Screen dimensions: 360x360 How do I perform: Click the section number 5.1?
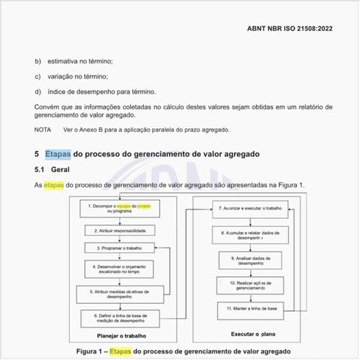tap(40, 170)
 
